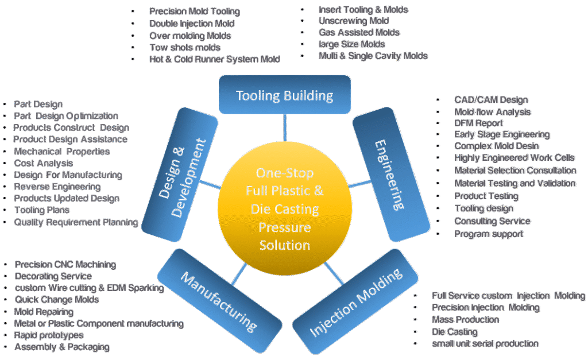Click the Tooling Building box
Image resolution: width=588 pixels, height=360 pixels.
pos(285,95)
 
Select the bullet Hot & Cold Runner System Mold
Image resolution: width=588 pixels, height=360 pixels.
pos(214,59)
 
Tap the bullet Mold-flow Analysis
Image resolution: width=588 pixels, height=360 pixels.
pos(492,112)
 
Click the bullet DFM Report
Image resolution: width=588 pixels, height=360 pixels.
pos(479,123)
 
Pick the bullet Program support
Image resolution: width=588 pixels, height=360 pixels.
pos(489,234)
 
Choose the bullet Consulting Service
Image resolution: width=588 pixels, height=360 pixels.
pos(492,221)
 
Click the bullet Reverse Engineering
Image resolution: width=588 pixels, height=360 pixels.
pos(57,187)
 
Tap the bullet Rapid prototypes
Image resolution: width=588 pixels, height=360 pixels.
pos(49,335)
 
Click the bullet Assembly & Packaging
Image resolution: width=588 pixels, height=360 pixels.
pos(61,347)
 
